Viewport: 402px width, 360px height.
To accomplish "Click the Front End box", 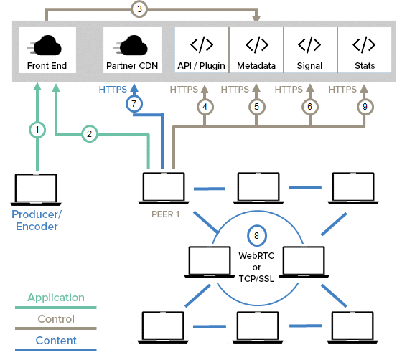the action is (47, 49).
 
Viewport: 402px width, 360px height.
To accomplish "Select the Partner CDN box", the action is (132, 49).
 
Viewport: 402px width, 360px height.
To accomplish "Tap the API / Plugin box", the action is (202, 49).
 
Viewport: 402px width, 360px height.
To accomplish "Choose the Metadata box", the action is (256, 49).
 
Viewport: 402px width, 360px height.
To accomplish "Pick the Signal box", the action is (310, 49).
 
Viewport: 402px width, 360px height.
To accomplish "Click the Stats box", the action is (365, 49).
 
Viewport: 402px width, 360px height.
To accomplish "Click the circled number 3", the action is (139, 9).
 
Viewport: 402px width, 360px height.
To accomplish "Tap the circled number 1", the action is (37, 130).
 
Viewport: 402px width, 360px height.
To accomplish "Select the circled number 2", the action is (90, 133).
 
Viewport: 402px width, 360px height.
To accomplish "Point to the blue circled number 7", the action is (134, 104).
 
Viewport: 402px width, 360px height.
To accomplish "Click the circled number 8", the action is (257, 235).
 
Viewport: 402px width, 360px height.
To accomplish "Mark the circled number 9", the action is (365, 107).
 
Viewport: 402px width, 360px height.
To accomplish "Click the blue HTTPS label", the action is (113, 90).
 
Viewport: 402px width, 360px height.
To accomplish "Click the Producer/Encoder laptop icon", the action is (36, 190).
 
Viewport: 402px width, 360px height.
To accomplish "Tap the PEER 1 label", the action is (165, 214).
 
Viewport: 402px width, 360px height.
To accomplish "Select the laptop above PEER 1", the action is (164, 189).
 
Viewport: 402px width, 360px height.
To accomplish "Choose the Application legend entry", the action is (56, 300).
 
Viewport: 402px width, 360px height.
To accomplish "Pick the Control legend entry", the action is (56, 321).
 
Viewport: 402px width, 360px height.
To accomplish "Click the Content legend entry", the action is (56, 343).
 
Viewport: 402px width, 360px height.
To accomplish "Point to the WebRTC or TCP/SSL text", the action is (256, 267).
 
